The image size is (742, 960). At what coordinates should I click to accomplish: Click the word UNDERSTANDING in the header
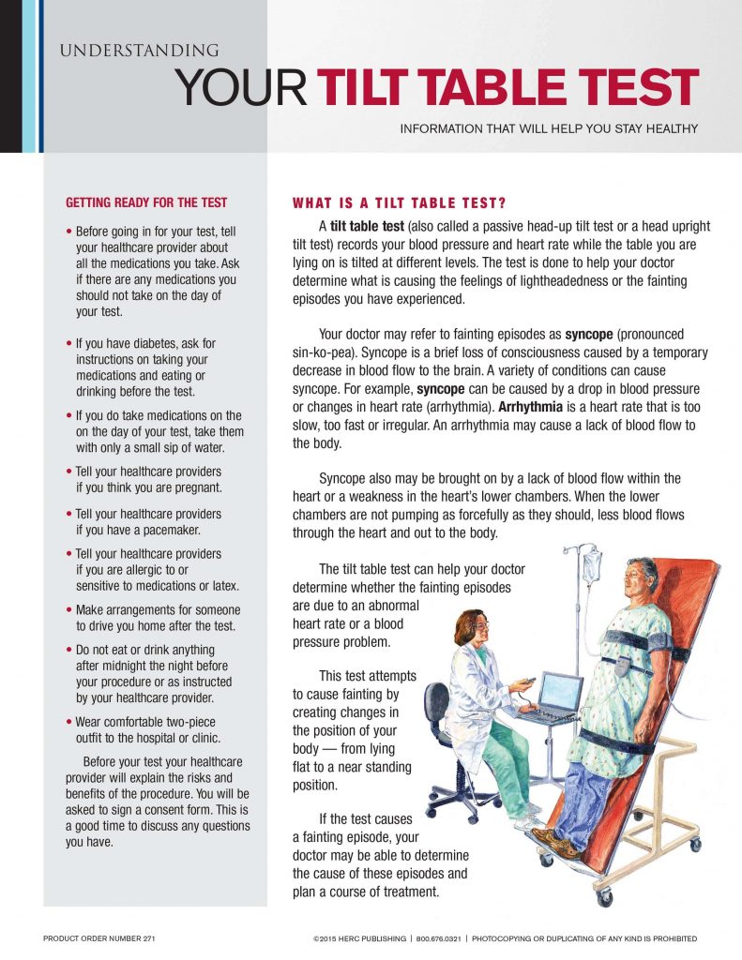pyautogui.click(x=139, y=51)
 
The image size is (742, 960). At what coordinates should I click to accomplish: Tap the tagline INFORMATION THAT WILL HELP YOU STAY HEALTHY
pyautogui.click(x=549, y=128)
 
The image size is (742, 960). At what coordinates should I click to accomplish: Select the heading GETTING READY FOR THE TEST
pyautogui.click(x=146, y=202)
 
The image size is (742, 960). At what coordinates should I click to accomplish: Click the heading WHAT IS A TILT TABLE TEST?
pyautogui.click(x=400, y=202)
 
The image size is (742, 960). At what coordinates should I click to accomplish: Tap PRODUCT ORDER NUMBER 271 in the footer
pyautogui.click(x=98, y=938)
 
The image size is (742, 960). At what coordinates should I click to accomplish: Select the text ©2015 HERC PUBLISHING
pyautogui.click(x=359, y=938)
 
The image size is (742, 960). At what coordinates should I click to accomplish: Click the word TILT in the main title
pyautogui.click(x=371, y=89)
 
